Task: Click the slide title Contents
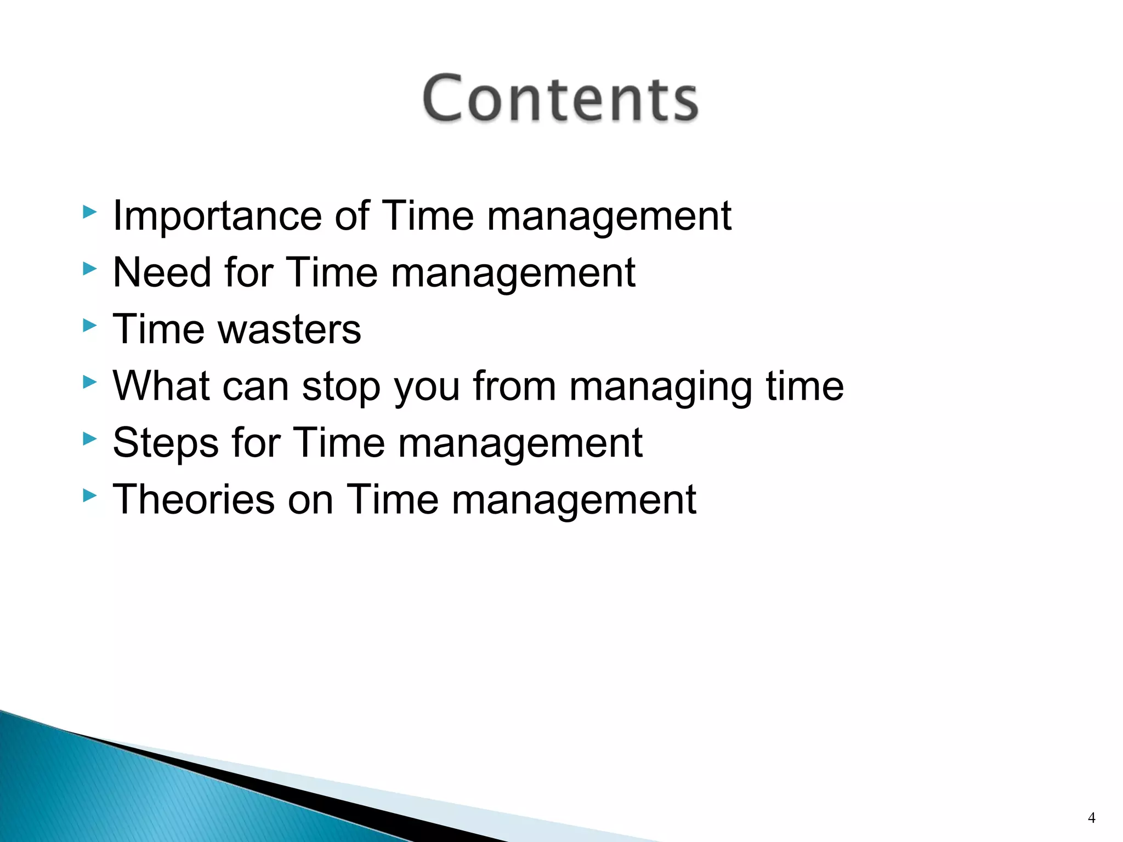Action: [x=560, y=99]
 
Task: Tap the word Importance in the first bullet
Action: [x=217, y=216]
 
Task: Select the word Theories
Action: [x=193, y=499]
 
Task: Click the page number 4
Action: [x=1091, y=818]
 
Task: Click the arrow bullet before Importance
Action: [x=89, y=212]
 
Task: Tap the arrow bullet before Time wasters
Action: [x=89, y=326]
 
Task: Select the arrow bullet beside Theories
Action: [x=89, y=496]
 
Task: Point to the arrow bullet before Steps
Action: [x=89, y=439]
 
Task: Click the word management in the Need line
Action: [x=513, y=274]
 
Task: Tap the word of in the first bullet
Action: [x=351, y=216]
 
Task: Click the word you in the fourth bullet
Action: [x=427, y=388]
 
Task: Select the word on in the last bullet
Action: [x=310, y=500]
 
